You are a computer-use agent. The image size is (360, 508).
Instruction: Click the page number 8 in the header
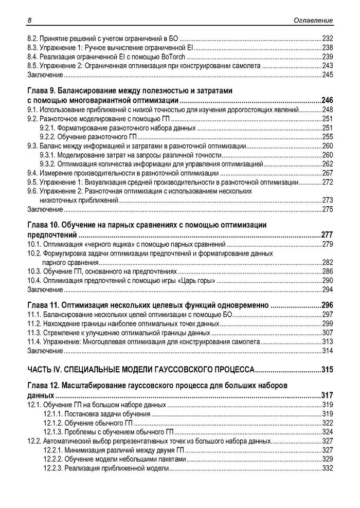click(x=29, y=20)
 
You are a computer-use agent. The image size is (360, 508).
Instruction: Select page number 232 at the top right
click(x=327, y=39)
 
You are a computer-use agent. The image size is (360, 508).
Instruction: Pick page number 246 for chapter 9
click(x=327, y=100)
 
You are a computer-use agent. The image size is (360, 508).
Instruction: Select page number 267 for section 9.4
click(x=327, y=173)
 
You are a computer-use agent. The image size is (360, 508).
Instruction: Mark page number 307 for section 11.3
click(x=327, y=333)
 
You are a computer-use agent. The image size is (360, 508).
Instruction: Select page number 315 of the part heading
click(x=327, y=369)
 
